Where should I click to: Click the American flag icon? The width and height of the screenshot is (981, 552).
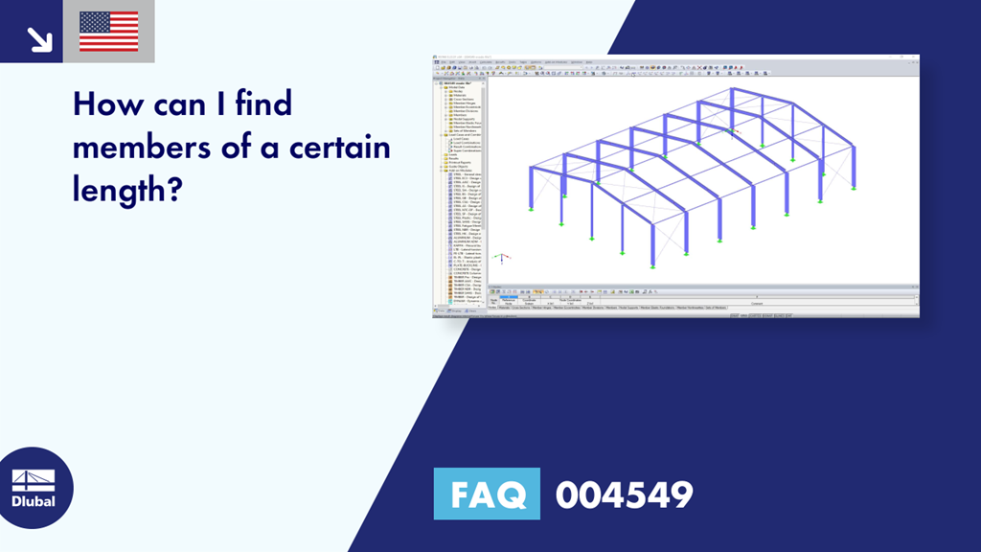tap(108, 32)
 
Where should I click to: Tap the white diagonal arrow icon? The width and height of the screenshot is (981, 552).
tap(39, 38)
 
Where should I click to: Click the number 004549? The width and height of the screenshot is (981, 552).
tap(624, 494)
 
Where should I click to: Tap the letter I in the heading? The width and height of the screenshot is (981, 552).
tap(217, 103)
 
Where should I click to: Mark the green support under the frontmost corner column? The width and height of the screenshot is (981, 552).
tap(623, 252)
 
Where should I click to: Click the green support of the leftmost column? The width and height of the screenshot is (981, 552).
tap(530, 209)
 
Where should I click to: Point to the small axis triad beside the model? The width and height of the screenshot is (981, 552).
tap(500, 258)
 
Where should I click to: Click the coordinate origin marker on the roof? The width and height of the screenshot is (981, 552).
tap(734, 129)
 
